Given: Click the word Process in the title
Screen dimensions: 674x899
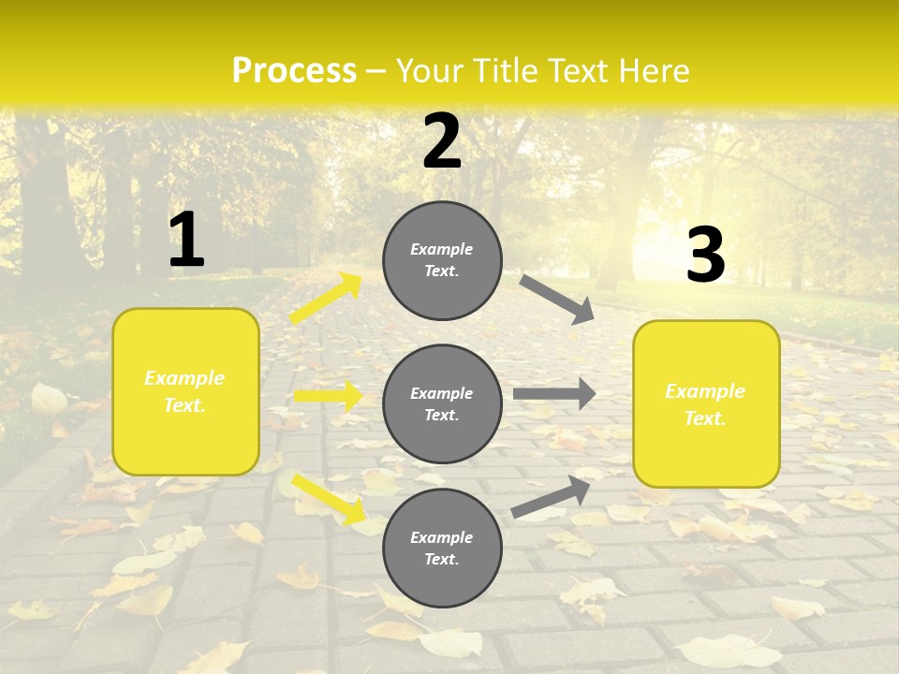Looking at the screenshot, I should (x=294, y=71).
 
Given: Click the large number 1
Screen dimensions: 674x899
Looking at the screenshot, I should (x=186, y=241).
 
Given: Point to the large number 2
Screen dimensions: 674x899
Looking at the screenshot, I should (x=442, y=141).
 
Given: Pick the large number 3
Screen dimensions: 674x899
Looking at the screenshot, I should (x=705, y=255).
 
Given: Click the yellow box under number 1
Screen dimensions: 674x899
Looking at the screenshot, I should (x=185, y=391).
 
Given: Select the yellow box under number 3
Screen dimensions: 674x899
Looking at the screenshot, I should (x=706, y=404).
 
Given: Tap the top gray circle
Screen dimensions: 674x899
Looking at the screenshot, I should (x=442, y=260).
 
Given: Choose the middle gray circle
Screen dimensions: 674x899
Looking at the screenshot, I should (x=442, y=403).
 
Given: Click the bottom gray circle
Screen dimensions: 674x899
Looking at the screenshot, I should (x=442, y=548).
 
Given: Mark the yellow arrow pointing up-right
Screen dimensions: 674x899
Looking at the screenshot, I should (x=326, y=299).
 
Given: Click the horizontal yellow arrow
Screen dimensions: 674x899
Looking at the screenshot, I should (x=328, y=396).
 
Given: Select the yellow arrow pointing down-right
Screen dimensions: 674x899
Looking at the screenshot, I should (x=329, y=499).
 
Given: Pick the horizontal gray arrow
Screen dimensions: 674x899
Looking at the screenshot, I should (x=554, y=394).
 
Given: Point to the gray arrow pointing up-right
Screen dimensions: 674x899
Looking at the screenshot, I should (x=551, y=497).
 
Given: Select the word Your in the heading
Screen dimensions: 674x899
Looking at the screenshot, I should (x=430, y=71).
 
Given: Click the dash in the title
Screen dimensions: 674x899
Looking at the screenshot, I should (x=376, y=71).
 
